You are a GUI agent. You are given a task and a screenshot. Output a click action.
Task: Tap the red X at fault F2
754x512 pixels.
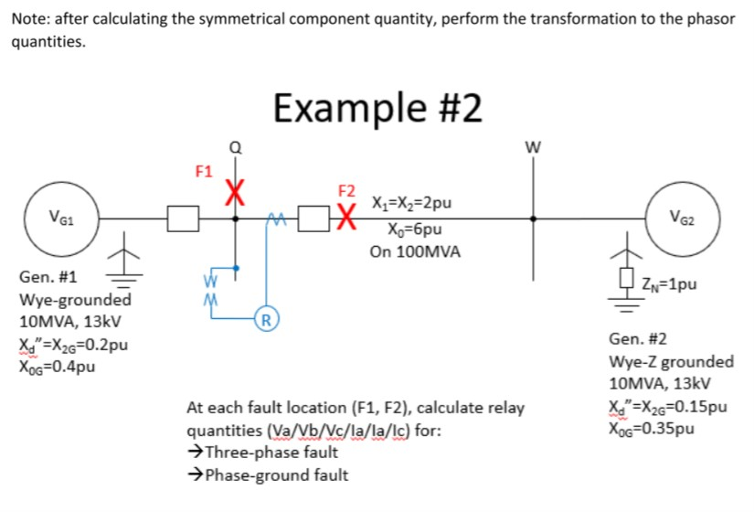pos(346,218)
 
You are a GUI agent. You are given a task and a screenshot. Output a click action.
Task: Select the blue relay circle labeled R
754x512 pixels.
pos(266,319)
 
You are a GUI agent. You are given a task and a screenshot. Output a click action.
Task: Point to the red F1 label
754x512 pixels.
pos(204,171)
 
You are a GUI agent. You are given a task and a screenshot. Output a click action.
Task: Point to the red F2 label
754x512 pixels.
pos(346,192)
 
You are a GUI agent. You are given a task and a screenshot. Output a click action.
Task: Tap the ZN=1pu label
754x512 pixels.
pos(671,283)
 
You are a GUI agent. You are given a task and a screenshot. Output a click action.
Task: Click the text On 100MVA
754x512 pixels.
pos(412,251)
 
